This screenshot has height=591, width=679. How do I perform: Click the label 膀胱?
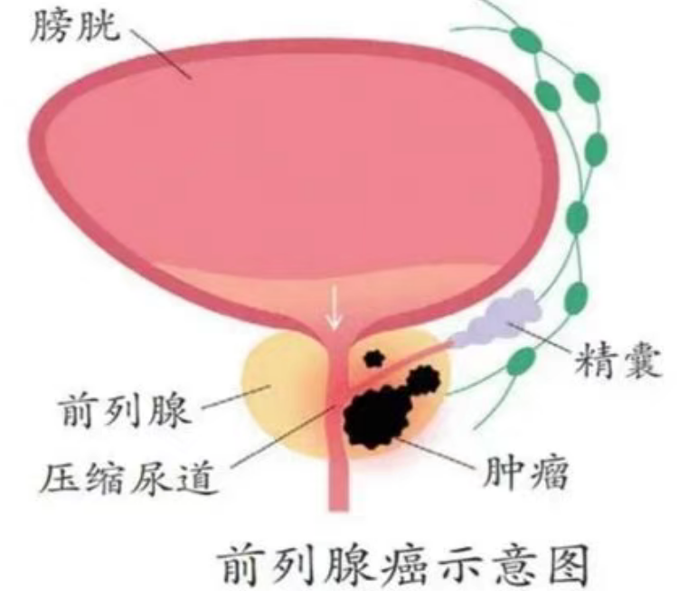(75, 26)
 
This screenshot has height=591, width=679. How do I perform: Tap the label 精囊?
(618, 361)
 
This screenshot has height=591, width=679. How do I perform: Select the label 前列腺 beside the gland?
(125, 409)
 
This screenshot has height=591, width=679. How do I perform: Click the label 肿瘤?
(524, 472)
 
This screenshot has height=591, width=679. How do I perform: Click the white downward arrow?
(334, 306)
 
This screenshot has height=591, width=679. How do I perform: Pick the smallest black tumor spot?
(373, 358)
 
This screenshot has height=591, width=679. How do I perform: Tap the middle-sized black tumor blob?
(423, 380)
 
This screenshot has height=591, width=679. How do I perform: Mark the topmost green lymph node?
(525, 40)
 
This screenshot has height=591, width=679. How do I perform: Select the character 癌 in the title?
(407, 564)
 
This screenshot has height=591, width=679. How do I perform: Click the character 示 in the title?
(458, 564)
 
